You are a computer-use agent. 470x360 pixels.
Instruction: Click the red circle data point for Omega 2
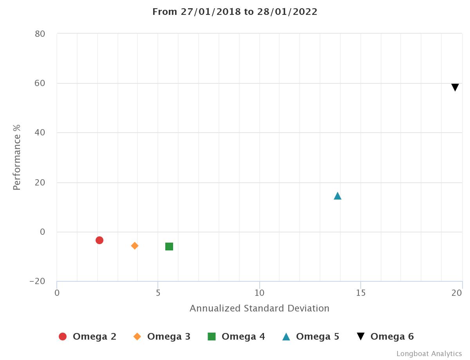pyautogui.click(x=99, y=240)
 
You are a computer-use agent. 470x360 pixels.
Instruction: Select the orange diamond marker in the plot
pyautogui.click(x=135, y=246)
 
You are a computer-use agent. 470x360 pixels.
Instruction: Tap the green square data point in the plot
pyautogui.click(x=169, y=247)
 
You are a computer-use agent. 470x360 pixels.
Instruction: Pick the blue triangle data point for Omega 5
pyautogui.click(x=338, y=196)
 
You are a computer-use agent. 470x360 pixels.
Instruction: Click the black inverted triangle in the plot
pyautogui.click(x=455, y=87)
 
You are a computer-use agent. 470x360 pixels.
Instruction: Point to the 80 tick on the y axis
pyautogui.click(x=40, y=34)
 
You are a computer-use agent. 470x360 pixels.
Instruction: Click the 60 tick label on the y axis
pyautogui.click(x=40, y=83)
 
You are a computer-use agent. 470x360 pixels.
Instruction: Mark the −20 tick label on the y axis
pyautogui.click(x=38, y=281)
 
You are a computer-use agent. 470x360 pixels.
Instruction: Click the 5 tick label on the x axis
pyautogui.click(x=158, y=293)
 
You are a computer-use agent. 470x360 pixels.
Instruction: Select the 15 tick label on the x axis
pyautogui.click(x=361, y=293)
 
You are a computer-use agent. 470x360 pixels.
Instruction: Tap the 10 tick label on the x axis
pyautogui.click(x=259, y=293)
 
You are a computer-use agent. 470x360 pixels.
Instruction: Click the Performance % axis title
pyautogui.click(x=16, y=157)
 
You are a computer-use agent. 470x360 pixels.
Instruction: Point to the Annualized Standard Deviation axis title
pyautogui.click(x=259, y=308)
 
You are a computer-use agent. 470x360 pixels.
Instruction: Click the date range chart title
pyautogui.click(x=235, y=12)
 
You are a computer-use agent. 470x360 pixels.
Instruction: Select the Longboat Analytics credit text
pyautogui.click(x=429, y=354)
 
